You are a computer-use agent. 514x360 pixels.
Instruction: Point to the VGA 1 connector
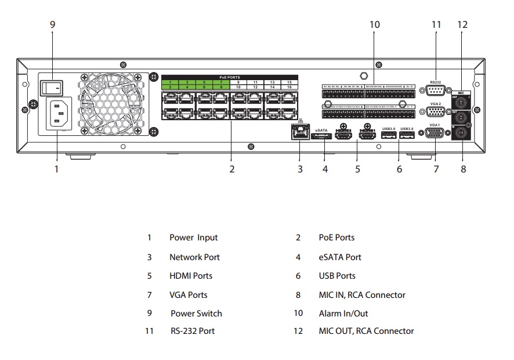click(435, 133)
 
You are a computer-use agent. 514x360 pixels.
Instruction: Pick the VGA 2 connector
click(436, 112)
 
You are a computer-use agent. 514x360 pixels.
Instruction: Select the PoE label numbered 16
click(289, 87)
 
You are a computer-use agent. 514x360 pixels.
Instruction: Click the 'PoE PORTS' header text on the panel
click(229, 77)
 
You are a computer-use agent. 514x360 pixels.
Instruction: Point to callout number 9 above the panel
click(52, 24)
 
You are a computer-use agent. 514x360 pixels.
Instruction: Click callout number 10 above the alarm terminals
click(374, 24)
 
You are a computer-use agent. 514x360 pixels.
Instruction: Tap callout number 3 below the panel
click(300, 170)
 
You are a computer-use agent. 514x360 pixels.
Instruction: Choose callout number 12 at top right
click(462, 24)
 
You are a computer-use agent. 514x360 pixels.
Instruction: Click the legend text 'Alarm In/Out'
click(343, 314)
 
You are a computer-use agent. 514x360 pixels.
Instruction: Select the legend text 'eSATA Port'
click(340, 257)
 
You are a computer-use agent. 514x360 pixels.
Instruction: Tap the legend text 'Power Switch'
click(196, 314)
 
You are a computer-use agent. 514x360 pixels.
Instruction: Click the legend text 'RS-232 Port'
click(193, 331)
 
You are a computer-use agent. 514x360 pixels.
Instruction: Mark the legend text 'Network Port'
click(194, 257)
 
